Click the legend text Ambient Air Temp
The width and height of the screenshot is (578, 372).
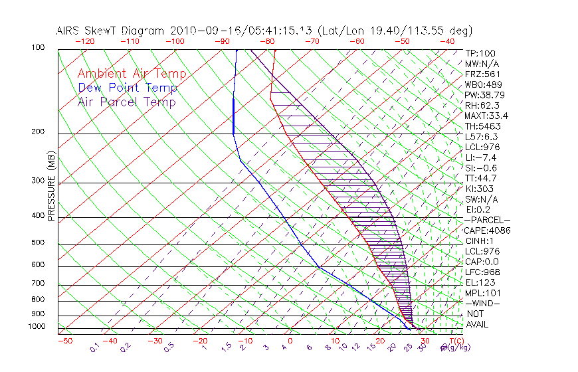coord(132,74)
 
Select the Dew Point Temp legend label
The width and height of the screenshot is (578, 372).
coord(128,88)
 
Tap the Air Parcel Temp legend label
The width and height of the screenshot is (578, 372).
coord(127,102)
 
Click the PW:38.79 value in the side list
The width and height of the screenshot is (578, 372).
coord(484,95)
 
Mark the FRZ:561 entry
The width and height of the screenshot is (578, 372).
coord(482,74)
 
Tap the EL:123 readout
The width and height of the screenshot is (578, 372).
coord(480,282)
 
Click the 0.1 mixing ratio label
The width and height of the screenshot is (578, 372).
coord(94,347)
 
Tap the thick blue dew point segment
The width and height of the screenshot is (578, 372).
coord(233,115)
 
